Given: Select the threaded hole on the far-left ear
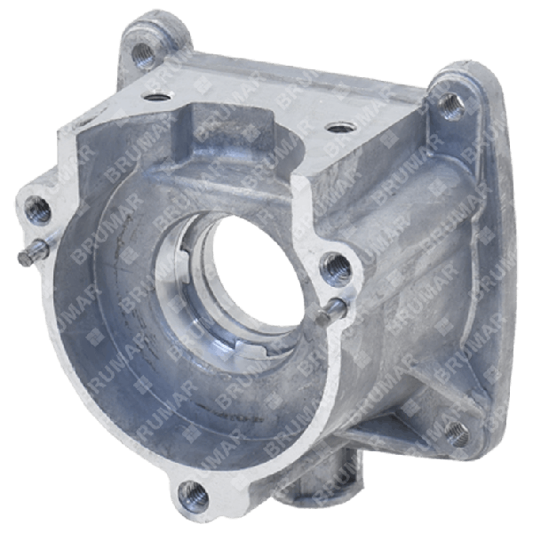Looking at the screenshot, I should tap(38, 210).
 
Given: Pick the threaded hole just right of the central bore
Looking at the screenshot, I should tap(335, 264).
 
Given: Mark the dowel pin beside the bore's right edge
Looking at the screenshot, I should tap(335, 307).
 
